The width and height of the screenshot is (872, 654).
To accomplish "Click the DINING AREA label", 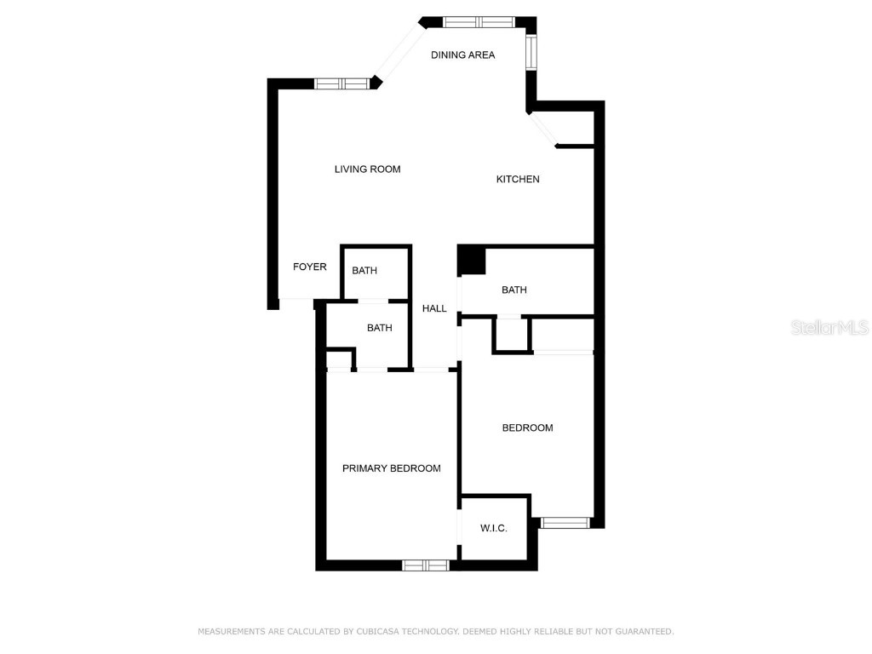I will pyautogui.click(x=462, y=55).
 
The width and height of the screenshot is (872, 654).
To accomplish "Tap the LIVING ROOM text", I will pyautogui.click(x=367, y=169).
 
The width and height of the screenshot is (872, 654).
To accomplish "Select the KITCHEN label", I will pyautogui.click(x=518, y=180).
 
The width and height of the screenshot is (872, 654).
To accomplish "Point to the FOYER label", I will pyautogui.click(x=310, y=267).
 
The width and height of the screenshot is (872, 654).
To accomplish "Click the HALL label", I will pyautogui.click(x=434, y=309).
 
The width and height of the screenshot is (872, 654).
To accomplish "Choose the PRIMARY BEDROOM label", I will pyautogui.click(x=392, y=468).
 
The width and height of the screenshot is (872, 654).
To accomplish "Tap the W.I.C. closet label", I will pyautogui.click(x=494, y=529).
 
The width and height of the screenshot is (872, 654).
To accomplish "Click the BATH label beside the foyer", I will pyautogui.click(x=364, y=271).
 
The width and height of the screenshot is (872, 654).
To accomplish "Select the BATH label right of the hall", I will pyautogui.click(x=514, y=290).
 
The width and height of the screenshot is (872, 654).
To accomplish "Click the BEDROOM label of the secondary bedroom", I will pyautogui.click(x=527, y=428).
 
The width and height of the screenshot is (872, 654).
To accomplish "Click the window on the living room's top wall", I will pyautogui.click(x=341, y=83).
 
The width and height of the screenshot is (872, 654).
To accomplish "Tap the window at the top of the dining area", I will pyautogui.click(x=478, y=22).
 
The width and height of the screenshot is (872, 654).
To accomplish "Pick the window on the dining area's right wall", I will pyautogui.click(x=531, y=52).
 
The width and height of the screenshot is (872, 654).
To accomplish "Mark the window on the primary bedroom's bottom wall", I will pyautogui.click(x=426, y=565).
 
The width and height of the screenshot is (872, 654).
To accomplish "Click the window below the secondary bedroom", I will pyautogui.click(x=565, y=522).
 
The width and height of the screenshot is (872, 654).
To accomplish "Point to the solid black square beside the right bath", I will pyautogui.click(x=471, y=261).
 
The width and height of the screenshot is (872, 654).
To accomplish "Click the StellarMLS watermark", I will pyautogui.click(x=829, y=328).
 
